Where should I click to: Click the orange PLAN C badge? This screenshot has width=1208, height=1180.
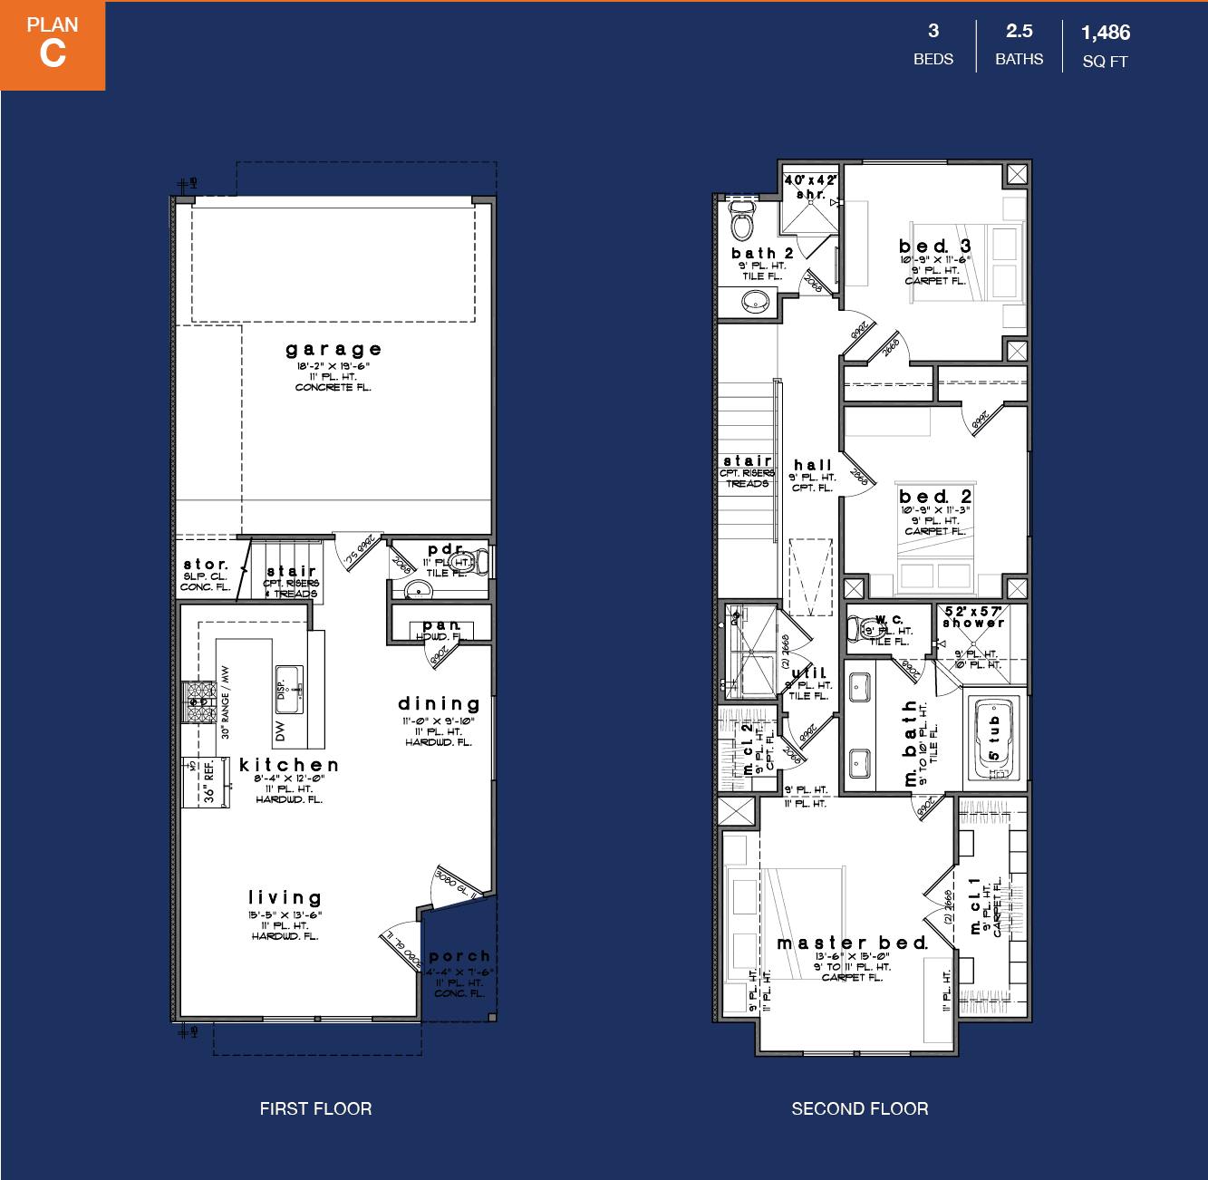[53, 45]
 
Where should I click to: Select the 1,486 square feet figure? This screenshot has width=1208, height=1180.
[1106, 33]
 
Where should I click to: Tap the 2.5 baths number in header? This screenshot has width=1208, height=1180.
[1020, 31]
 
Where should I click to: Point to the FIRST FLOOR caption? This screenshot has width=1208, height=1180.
[315, 1108]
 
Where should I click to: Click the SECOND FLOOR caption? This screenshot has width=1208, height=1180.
[859, 1108]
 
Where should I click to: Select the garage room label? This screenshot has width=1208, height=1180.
[333, 350]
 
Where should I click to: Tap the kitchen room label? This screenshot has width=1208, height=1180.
[289, 766]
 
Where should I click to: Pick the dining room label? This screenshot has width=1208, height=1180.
[439, 704]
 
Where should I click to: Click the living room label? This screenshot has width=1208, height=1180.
[285, 898]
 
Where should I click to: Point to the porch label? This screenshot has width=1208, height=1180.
[459, 956]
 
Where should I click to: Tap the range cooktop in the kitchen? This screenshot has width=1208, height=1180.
[198, 702]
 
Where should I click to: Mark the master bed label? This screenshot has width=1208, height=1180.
[852, 943]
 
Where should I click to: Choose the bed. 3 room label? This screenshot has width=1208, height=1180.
[935, 247]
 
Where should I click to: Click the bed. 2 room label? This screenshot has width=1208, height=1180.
[935, 497]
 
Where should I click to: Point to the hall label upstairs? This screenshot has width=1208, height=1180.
[813, 465]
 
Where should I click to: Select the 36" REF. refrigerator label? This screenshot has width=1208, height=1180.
[208, 782]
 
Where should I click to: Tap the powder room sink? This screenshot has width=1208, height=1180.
[418, 591]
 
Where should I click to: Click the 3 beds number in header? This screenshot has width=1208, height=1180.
[933, 31]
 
